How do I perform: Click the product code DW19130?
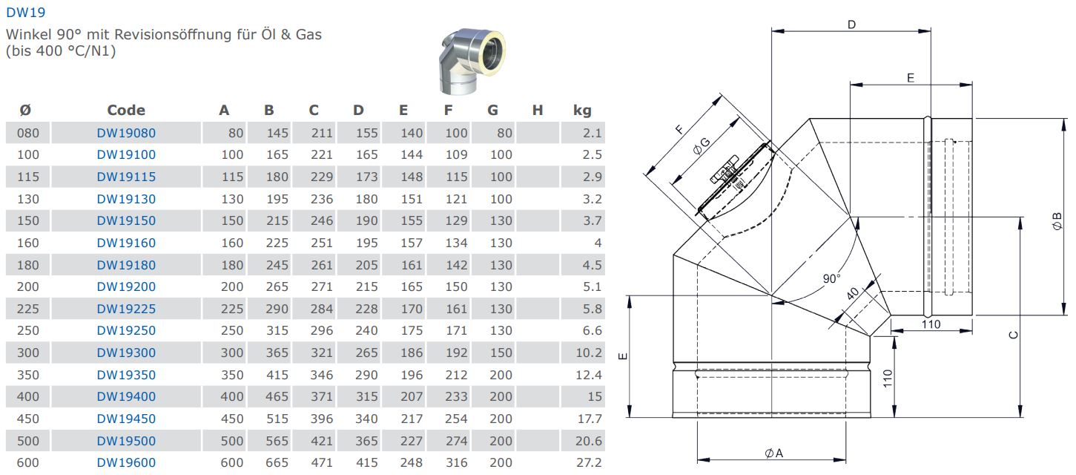point(126,199)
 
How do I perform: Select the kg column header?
point(582,111)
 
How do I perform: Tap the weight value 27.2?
point(589,462)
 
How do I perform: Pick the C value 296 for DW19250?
point(321,331)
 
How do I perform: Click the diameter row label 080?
point(28,133)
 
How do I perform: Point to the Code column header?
point(126,110)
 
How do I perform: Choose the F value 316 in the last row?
point(456,462)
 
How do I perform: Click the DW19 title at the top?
point(25,13)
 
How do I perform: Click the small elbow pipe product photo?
point(472,61)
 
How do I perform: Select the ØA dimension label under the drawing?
point(774,453)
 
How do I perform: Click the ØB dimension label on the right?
point(1057,222)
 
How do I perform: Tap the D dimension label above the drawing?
point(851,24)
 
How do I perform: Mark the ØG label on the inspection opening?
point(702,146)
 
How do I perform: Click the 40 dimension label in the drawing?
point(852,293)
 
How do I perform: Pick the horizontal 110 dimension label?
point(931,324)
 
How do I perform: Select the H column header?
point(538,111)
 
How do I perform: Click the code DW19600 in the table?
point(126,462)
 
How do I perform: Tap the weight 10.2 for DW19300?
point(589,353)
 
